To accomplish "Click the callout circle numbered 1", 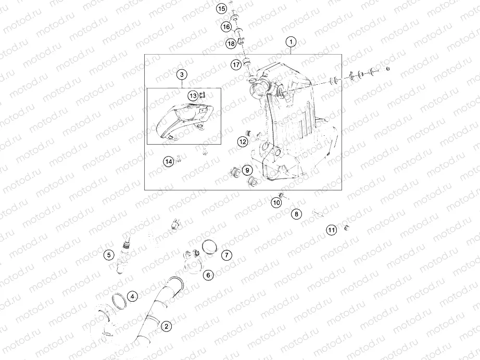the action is tap(291, 42).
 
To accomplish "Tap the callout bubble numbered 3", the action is tap(182, 74).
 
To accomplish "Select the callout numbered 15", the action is tap(222, 8).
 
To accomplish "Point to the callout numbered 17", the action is tap(236, 65).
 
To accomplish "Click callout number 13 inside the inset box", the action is tap(193, 96).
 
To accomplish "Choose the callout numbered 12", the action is tap(243, 142).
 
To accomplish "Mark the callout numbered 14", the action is tap(169, 161).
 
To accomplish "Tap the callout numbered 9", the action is tap(247, 170).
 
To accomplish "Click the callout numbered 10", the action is tap(276, 202).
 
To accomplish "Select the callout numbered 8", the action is tap(296, 214).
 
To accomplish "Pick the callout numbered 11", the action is tap(331, 230).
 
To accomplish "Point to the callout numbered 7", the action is tap(226, 255).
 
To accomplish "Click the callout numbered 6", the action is tap(208, 275).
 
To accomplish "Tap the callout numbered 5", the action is tap(109, 254).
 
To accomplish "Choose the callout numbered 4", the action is tap(132, 296).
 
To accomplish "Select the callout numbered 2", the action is tap(166, 326).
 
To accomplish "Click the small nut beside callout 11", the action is tap(347, 227).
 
